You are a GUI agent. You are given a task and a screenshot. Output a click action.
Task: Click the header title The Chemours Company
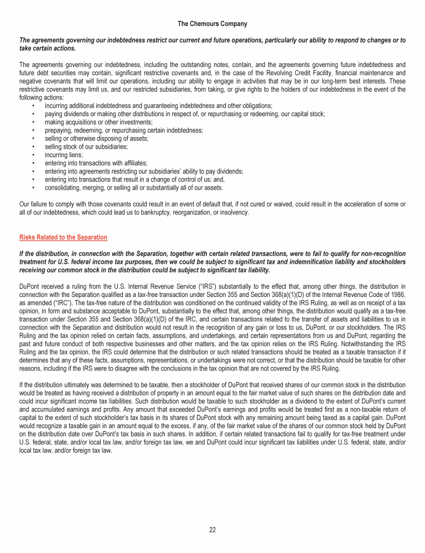pos(212,24)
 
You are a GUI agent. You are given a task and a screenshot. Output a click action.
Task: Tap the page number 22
pos(212,530)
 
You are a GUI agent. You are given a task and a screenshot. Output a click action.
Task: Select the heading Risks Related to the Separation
pos(64,237)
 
